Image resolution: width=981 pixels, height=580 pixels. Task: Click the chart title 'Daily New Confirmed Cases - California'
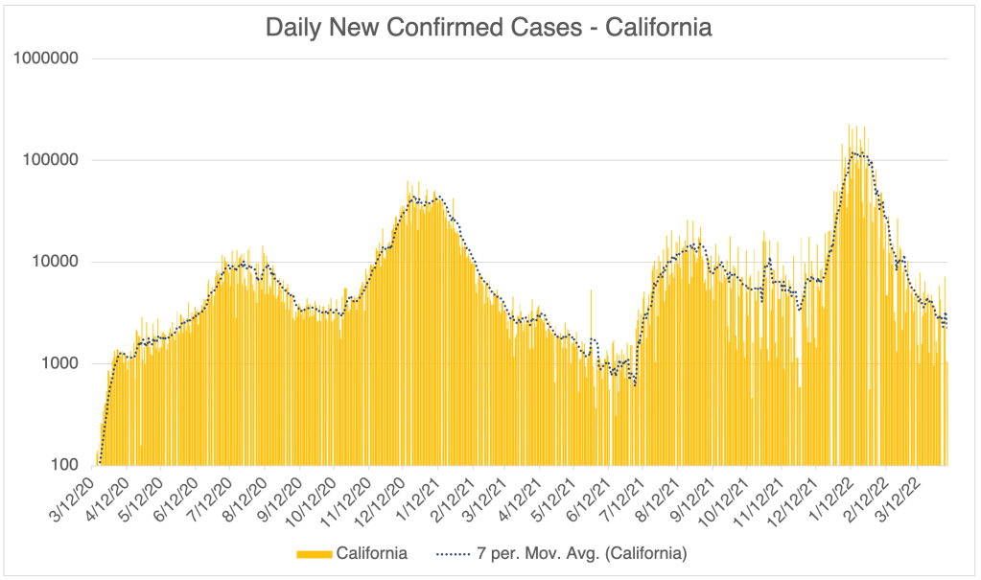489,28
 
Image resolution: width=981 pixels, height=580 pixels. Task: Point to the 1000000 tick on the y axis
46,58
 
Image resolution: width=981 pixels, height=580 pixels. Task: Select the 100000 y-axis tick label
50,160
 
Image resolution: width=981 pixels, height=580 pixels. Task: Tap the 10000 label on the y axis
54,262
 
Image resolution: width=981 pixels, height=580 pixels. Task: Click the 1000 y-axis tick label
58,363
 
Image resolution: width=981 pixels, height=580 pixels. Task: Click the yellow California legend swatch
315,554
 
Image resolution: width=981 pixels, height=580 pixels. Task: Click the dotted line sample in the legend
453,554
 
